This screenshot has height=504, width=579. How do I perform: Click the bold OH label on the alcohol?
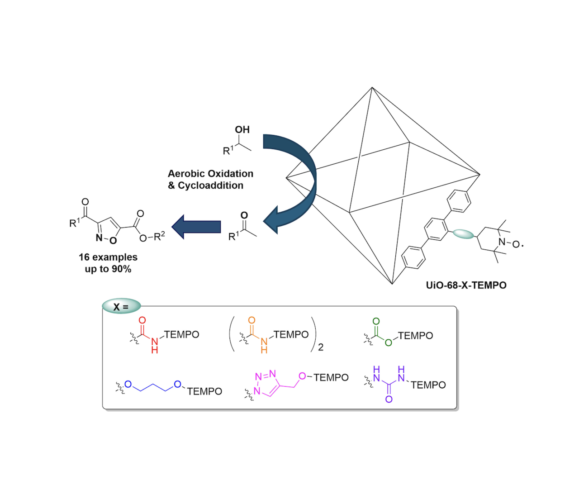tap(242, 129)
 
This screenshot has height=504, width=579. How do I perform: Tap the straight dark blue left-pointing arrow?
tap(196, 227)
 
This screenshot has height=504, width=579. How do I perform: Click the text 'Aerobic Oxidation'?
tap(210, 173)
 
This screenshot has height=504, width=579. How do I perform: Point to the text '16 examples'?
tap(108, 257)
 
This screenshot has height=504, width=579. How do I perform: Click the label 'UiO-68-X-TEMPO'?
tap(466, 285)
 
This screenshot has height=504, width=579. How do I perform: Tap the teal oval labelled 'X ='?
tap(121, 306)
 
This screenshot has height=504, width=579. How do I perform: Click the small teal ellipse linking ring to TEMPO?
tap(463, 234)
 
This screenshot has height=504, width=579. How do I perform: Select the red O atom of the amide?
tap(142, 320)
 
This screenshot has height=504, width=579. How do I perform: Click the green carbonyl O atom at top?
tap(376, 321)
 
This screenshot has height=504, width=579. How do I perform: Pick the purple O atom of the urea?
tap(389, 399)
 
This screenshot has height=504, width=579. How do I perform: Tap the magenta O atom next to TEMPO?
tap(302, 376)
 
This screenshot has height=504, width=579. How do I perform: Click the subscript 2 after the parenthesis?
tap(321, 347)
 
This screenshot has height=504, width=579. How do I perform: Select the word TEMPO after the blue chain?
tap(204, 391)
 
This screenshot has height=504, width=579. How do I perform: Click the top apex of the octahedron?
tap(372, 87)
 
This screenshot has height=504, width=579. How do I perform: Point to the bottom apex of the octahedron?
tap(392, 284)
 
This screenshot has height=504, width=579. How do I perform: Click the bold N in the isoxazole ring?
tap(99, 238)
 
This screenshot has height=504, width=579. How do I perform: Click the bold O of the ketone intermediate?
tap(244, 215)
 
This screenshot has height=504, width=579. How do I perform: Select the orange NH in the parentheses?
tap(264, 345)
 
